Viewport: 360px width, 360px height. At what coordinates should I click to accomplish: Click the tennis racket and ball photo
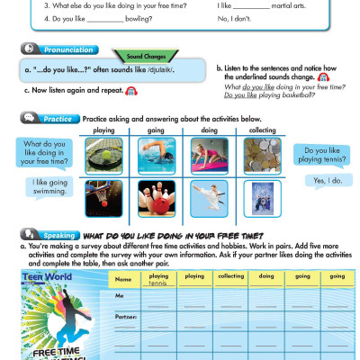point(103,156)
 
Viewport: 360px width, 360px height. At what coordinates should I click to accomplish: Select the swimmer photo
point(155,156)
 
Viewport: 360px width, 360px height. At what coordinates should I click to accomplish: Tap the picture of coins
point(262,156)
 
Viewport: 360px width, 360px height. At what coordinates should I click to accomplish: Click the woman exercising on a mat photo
point(208,156)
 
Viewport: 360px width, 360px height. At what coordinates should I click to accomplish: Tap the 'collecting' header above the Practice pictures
point(262,130)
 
